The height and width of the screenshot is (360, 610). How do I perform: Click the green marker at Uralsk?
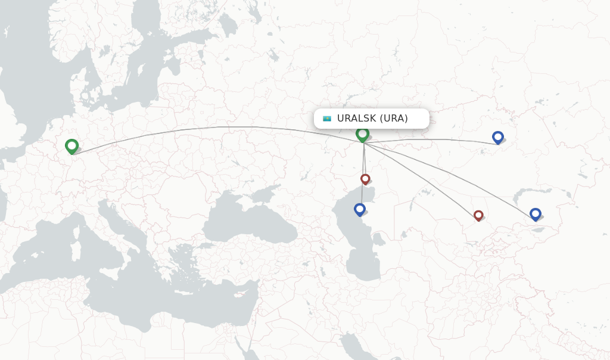[x=362, y=134]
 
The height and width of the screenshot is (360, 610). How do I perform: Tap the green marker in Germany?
[x=71, y=145]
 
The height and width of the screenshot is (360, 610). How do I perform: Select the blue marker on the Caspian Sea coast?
[x=359, y=209]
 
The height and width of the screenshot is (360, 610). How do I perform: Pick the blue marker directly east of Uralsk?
[x=498, y=137]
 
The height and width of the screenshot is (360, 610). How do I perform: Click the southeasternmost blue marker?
[x=535, y=214]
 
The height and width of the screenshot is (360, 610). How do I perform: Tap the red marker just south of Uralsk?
[x=365, y=179]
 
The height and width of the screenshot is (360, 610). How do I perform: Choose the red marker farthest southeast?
[x=478, y=215]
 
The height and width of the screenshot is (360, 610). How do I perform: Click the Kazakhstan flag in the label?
[x=327, y=119]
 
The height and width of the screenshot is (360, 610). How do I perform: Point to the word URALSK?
[x=356, y=119]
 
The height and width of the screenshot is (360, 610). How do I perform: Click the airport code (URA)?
[x=394, y=119]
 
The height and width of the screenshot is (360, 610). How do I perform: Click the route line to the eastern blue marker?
[x=441, y=139]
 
